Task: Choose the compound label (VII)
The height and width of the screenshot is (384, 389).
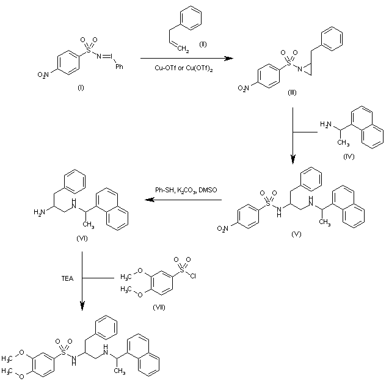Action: (159, 303)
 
